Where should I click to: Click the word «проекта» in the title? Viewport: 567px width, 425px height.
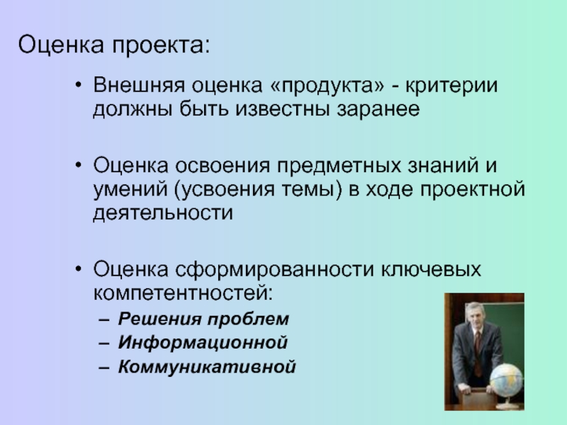click(x=161, y=45)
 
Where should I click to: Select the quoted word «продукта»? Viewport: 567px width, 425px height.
click(x=327, y=86)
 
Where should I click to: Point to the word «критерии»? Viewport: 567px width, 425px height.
click(x=451, y=86)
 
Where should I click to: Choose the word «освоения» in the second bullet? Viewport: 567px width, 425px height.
click(x=223, y=166)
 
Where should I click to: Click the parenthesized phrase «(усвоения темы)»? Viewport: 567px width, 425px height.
click(x=258, y=190)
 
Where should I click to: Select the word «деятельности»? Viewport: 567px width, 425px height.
click(x=163, y=213)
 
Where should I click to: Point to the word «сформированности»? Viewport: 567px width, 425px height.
click(x=274, y=270)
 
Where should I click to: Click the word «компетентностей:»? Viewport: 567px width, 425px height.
click(x=183, y=293)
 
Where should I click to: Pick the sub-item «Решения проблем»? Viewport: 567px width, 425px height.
click(x=203, y=319)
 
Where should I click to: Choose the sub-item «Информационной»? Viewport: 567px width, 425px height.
click(x=203, y=343)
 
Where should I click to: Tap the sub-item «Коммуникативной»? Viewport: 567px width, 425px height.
click(x=207, y=366)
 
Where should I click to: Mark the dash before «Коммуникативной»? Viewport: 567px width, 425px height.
click(x=103, y=368)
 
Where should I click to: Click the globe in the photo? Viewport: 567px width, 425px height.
click(x=506, y=381)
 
